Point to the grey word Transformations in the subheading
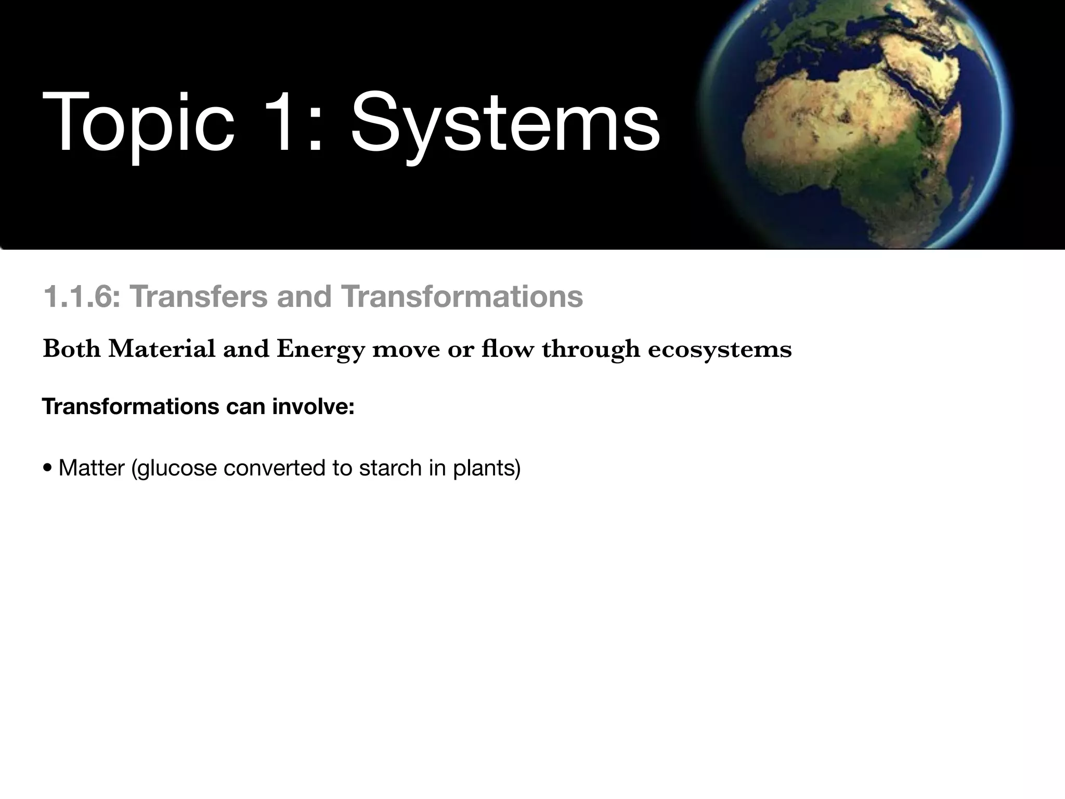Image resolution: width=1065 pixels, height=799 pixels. (x=462, y=297)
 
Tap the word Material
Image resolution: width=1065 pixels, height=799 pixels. (x=162, y=349)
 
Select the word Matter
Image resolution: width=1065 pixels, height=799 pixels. (x=92, y=468)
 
